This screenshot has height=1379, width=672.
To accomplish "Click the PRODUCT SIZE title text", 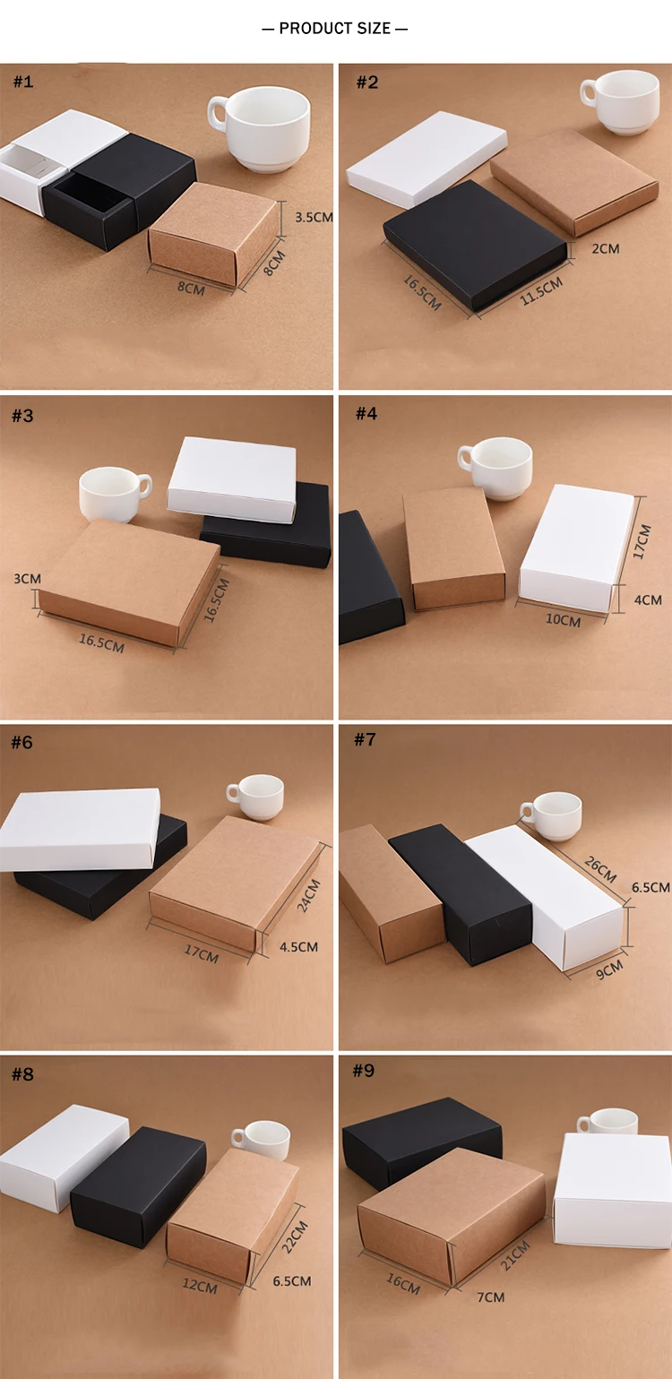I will (x=335, y=29).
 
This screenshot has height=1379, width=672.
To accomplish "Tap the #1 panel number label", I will (x=23, y=82).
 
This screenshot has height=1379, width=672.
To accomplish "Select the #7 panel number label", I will (x=366, y=739).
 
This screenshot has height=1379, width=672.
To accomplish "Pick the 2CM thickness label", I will (x=606, y=248).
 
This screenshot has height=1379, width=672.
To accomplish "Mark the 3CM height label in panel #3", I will (x=28, y=579).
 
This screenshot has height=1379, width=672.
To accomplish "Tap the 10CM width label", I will (x=564, y=620).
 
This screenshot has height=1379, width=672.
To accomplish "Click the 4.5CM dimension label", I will (x=298, y=947).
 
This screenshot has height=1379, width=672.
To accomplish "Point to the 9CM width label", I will (x=607, y=970).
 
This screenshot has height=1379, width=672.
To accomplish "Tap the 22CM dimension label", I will (x=296, y=1237).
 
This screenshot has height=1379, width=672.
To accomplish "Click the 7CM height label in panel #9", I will (x=491, y=1297).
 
